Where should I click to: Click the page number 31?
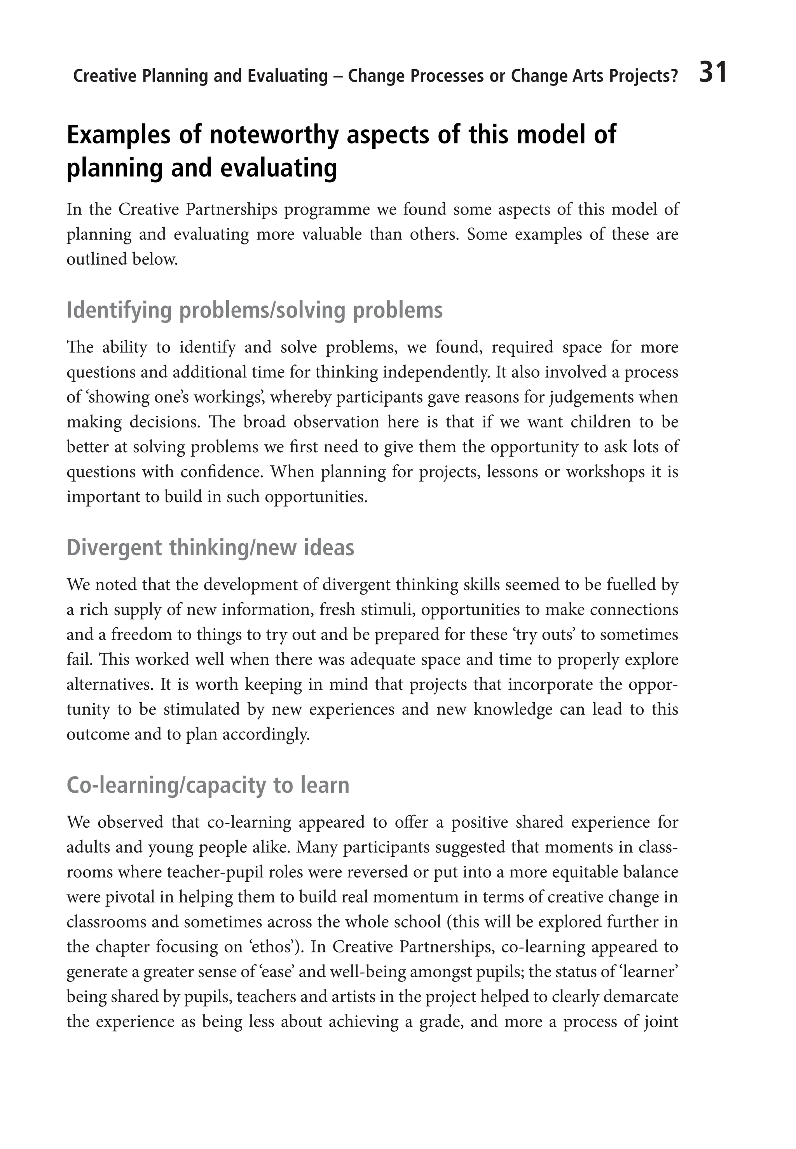[x=713, y=73]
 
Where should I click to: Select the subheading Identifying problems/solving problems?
[x=254, y=310]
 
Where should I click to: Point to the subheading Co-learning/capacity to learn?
[x=208, y=785]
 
